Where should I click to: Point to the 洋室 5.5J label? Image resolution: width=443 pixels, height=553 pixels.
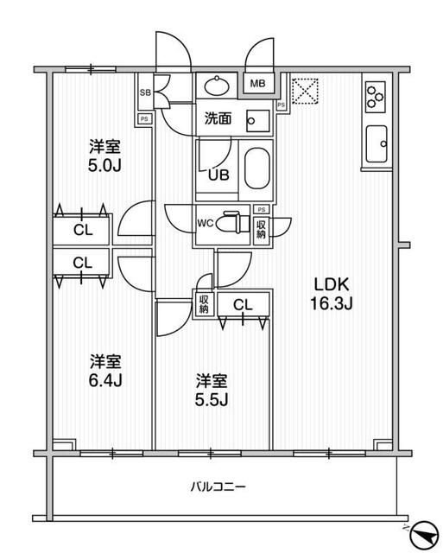[x=211, y=389]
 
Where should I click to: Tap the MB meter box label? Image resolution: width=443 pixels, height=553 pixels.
[x=258, y=84]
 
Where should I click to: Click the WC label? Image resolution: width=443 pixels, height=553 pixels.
[x=206, y=223]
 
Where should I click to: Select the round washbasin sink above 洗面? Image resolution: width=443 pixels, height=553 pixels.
[x=217, y=86]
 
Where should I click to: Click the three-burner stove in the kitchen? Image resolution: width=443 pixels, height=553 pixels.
[x=377, y=97]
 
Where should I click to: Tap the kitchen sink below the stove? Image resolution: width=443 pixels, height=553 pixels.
[x=377, y=143]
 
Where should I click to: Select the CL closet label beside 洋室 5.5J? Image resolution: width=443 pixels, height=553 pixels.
[x=243, y=304]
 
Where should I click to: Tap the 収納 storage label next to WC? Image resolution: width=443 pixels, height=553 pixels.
[x=261, y=227]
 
